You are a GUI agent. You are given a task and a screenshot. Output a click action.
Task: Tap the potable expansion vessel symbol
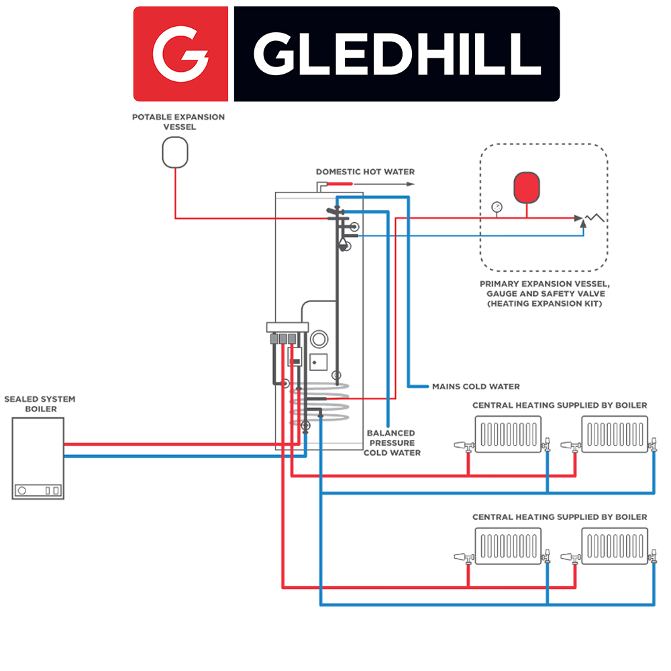pyautogui.click(x=176, y=152)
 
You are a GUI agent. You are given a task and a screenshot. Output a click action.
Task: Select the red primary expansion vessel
pyautogui.click(x=527, y=187)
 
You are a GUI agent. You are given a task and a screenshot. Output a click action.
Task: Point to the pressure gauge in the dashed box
pyautogui.click(x=496, y=207)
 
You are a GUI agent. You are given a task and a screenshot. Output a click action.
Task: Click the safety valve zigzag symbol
pyautogui.click(x=593, y=217)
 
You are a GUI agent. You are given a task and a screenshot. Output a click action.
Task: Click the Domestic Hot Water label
pyautogui.click(x=365, y=172)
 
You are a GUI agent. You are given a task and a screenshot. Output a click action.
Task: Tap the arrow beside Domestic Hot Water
pyautogui.click(x=409, y=183)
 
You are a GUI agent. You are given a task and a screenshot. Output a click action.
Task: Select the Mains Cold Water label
pyautogui.click(x=475, y=386)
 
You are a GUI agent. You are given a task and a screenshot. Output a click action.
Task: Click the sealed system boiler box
pyautogui.click(x=38, y=458)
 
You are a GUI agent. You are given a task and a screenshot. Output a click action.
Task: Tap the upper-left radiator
pyautogui.click(x=507, y=435)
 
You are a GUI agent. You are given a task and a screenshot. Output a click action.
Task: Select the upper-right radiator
pyautogui.click(x=615, y=435)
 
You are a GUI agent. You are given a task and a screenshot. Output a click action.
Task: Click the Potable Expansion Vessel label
pyautogui.click(x=178, y=121)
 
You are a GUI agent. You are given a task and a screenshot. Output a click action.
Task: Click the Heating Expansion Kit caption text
pyautogui.click(x=544, y=293)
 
